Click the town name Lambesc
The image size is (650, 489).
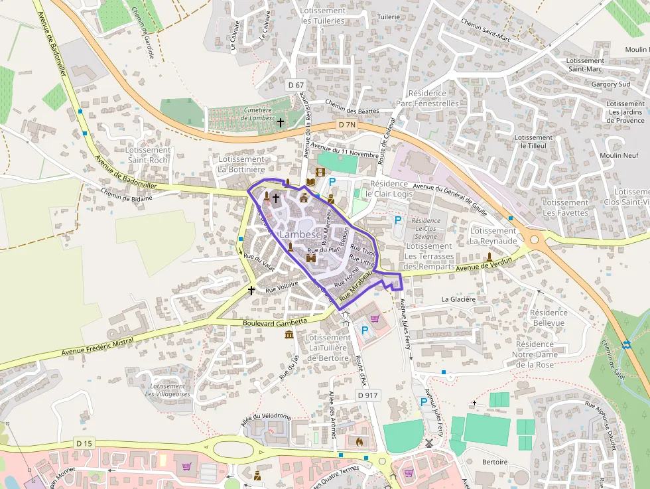click(299, 235)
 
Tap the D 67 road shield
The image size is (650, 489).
click(296, 85)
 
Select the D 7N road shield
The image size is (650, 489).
click(346, 125)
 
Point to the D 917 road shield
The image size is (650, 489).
click(367, 395)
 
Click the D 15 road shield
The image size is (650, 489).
click(84, 443)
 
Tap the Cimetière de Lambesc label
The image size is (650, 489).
click(249, 113)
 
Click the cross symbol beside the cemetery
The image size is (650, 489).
click(280, 122)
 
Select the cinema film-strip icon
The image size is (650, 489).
click(321, 173)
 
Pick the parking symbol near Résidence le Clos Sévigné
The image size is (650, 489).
click(398, 220)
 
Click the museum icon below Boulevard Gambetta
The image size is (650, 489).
click(289, 334)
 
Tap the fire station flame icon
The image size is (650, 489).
click(359, 441)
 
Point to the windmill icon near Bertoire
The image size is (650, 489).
click(428, 443)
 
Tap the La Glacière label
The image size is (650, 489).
click(458, 299)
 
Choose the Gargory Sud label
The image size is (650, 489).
click(611, 84)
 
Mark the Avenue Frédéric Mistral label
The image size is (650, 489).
click(96, 346)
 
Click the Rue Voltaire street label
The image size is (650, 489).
click(282, 289)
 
